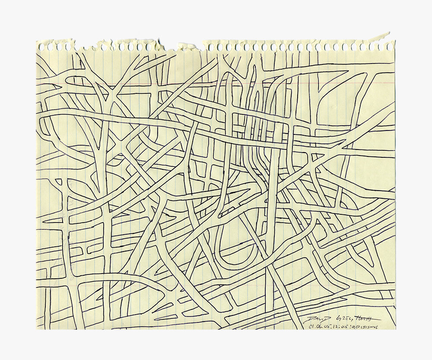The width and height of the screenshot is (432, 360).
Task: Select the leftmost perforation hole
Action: [x=42, y=46]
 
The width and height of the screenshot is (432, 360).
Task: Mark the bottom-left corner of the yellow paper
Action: [x=37, y=329]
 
